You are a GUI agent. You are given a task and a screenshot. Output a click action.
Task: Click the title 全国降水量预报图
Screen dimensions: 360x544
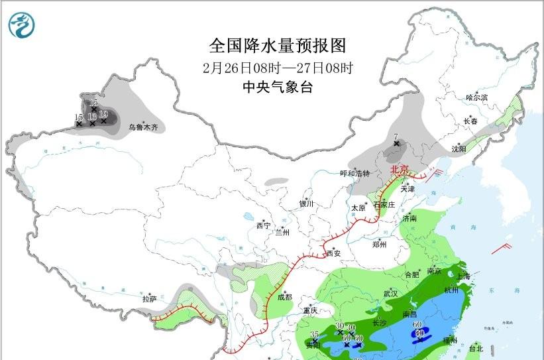click(278, 45)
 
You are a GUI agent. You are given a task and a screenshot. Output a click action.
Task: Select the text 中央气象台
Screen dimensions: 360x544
click(278, 87)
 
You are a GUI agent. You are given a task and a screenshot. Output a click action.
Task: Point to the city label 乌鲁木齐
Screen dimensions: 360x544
click(144, 127)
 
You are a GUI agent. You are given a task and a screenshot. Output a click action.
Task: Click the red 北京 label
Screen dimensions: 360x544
click(401, 169)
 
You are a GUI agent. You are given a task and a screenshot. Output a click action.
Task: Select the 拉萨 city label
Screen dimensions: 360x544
click(149, 299)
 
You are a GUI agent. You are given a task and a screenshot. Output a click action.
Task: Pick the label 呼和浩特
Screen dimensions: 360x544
click(354, 173)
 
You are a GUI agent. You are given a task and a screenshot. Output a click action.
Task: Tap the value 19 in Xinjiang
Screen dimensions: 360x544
click(103, 114)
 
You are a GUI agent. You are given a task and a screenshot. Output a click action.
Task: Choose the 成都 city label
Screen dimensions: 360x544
click(284, 298)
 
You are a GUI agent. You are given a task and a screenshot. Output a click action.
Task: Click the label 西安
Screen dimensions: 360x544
click(333, 253)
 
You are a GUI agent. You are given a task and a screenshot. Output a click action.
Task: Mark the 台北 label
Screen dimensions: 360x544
click(476, 348)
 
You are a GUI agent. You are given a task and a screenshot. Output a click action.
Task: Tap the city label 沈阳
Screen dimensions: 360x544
click(459, 149)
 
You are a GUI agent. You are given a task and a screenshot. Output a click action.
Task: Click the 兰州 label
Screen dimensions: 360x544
click(282, 232)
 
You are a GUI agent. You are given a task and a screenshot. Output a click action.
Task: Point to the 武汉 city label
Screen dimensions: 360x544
click(390, 293)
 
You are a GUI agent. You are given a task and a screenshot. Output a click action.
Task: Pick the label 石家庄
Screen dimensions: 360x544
click(384, 205)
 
